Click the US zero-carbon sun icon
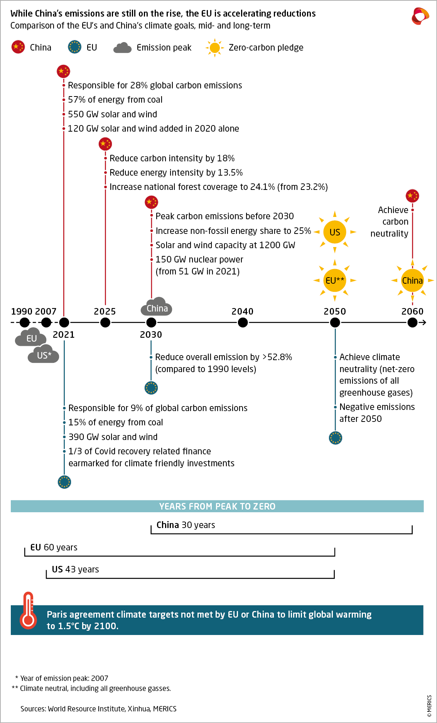pyautogui.click(x=335, y=232)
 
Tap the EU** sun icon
pyautogui.click(x=335, y=281)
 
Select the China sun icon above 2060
pyautogui.click(x=412, y=281)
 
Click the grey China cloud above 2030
pyautogui.click(x=157, y=307)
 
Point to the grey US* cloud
pyautogui.click(x=44, y=355)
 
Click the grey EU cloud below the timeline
pyautogui.click(x=31, y=338)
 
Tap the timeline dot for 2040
pyautogui.click(x=243, y=322)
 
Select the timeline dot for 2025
pyautogui.click(x=105, y=322)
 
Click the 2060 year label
pyautogui.click(x=412, y=311)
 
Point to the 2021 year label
pyautogui.click(x=64, y=334)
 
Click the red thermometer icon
pyautogui.click(x=28, y=611)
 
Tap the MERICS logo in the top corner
pyautogui.click(x=420, y=16)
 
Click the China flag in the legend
pyautogui.click(x=18, y=47)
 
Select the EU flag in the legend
pyautogui.click(x=74, y=47)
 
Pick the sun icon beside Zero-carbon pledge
pyautogui.click(x=215, y=47)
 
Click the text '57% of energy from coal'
pyautogui.click(x=115, y=100)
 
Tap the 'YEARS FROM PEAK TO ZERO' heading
pyautogui.click(x=217, y=506)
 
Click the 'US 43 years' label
pyautogui.click(x=76, y=569)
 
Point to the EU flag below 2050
pyautogui.click(x=336, y=438)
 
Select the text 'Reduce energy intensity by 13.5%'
pyautogui.click(x=176, y=173)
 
